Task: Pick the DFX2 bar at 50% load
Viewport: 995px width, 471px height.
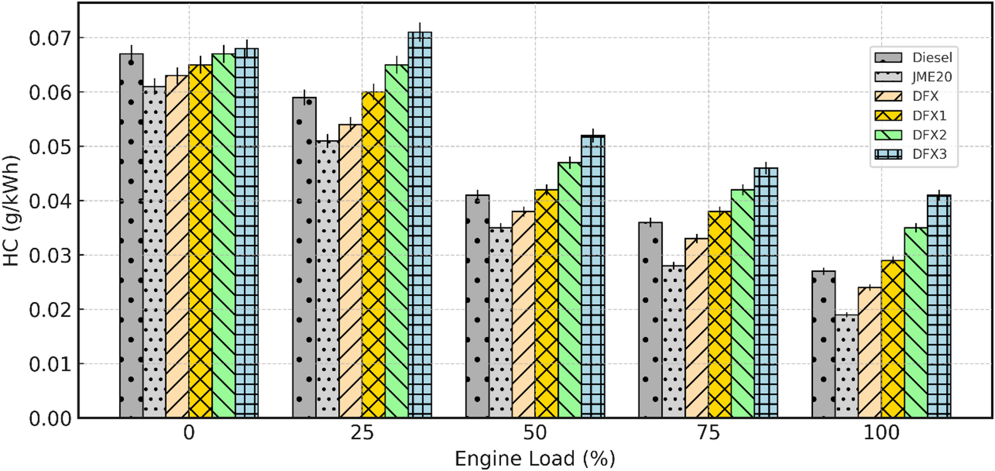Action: [x=569, y=290]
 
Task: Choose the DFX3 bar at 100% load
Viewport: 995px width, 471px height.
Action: [x=939, y=306]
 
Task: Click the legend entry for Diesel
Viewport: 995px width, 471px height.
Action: [x=932, y=57]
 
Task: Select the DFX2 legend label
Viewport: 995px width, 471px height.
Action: [x=930, y=135]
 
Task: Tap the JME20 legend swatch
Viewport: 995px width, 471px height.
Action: [x=888, y=77]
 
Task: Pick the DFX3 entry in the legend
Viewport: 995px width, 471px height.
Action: [x=930, y=154]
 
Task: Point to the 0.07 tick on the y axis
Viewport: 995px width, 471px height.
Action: [x=50, y=38]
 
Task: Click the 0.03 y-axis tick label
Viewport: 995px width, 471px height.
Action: [x=50, y=255]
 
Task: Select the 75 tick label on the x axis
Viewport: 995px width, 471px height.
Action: [x=708, y=433]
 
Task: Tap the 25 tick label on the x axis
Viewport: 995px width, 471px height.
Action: [x=362, y=433]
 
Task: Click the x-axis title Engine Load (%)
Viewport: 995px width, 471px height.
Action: [x=535, y=459]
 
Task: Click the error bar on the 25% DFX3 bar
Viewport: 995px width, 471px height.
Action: [x=419, y=31]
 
